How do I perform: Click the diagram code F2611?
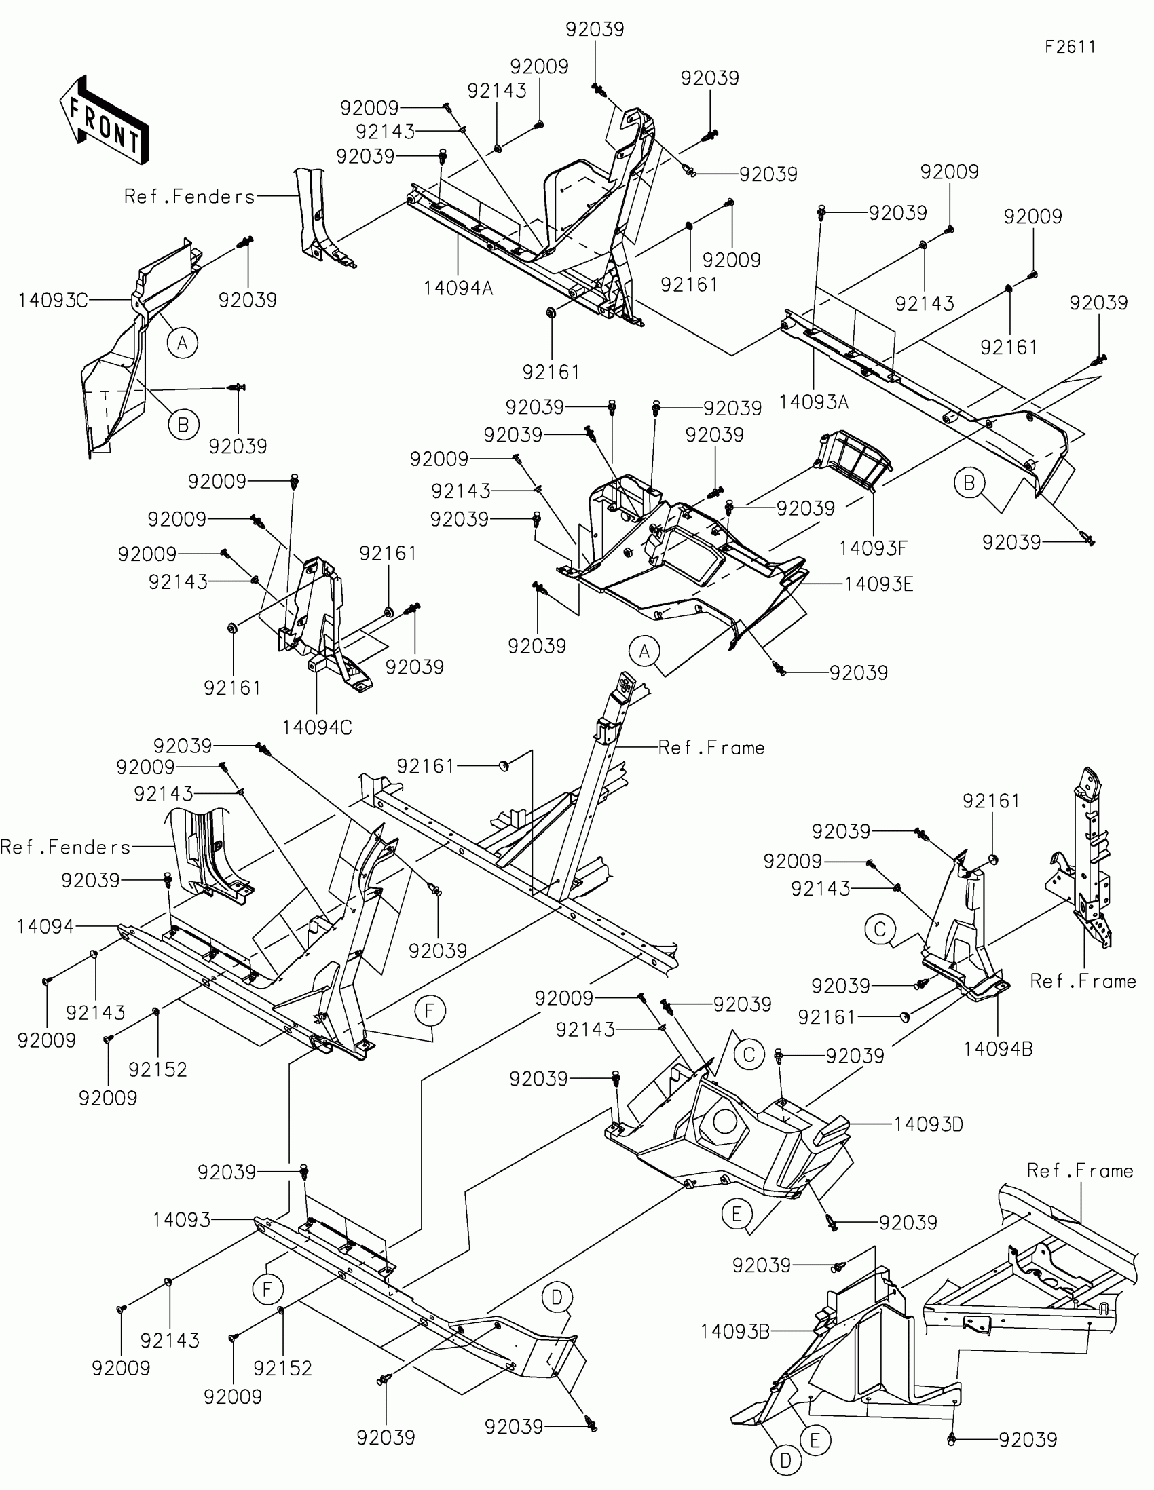pos(1070,47)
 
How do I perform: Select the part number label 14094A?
pos(458,288)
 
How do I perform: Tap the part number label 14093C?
pos(53,300)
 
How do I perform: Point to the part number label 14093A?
pos(813,402)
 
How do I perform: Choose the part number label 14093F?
pos(873,548)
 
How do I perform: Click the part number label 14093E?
pos(878,584)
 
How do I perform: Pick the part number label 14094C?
pos(316,728)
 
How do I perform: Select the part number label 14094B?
pos(998,1048)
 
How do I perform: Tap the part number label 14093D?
pos(928,1124)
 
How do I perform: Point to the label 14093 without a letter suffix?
pos(181,1220)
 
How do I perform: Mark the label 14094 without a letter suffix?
pos(45,926)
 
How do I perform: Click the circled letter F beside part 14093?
pos(267,1288)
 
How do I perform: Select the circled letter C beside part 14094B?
pos(880,929)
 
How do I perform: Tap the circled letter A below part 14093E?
pos(645,651)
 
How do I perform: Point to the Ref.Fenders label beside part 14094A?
pos(189,197)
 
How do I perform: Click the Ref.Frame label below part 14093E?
pos(711,748)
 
